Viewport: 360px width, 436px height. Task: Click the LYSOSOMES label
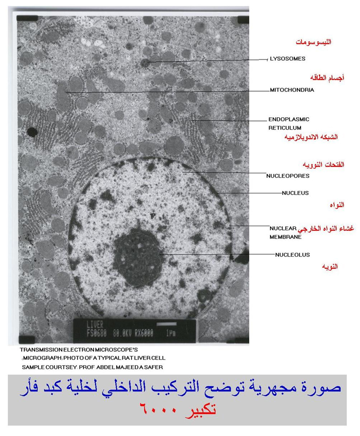(287, 59)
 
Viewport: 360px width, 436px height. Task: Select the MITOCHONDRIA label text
(292, 90)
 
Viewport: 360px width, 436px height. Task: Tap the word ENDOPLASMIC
(289, 119)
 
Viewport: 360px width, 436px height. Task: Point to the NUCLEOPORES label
(288, 176)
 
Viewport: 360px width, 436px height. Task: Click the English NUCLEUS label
(295, 193)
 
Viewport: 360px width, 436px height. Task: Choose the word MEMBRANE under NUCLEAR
(285, 237)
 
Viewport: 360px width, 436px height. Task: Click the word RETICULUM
(284, 128)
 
